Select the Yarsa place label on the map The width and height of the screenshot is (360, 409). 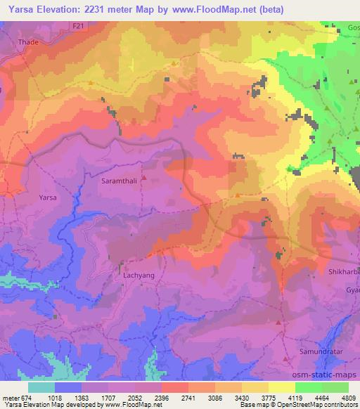(47, 197)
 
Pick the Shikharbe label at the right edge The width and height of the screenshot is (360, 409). (344, 271)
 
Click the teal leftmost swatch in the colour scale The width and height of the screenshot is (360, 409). (41, 387)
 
